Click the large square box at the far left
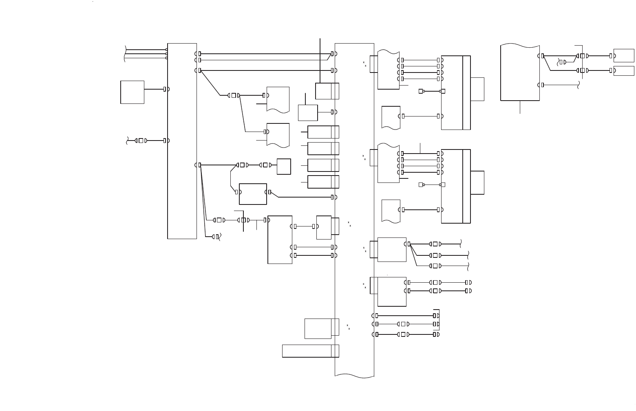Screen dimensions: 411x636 click(x=132, y=92)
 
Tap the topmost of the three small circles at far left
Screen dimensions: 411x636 click(x=166, y=50)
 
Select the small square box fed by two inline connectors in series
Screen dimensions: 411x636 click(x=283, y=167)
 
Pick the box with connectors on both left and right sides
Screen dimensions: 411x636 click(x=253, y=194)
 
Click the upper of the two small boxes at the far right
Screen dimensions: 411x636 click(x=623, y=55)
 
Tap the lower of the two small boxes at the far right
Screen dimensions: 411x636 click(x=623, y=71)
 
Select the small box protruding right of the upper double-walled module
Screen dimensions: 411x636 click(x=477, y=89)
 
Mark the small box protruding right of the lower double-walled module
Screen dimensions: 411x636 click(x=477, y=182)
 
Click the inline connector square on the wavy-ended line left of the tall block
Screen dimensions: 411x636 click(x=141, y=141)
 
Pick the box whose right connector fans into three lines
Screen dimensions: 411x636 click(x=391, y=249)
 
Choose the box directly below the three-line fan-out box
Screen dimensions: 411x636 click(x=391, y=292)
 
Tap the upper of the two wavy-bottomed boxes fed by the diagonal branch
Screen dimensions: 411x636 click(x=278, y=99)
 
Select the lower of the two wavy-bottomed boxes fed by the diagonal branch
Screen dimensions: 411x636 click(x=278, y=135)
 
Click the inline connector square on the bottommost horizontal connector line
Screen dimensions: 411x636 click(x=403, y=334)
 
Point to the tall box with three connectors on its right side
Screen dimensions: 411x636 click(x=280, y=240)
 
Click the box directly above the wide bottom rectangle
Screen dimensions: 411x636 click(x=318, y=328)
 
